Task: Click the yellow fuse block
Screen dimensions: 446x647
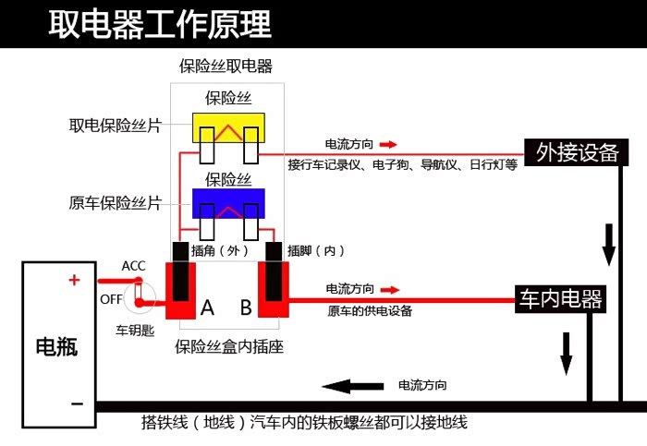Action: (228, 128)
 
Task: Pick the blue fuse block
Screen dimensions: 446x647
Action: (228, 202)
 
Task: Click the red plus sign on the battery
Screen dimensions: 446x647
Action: (75, 281)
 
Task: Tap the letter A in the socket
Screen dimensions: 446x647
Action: (207, 308)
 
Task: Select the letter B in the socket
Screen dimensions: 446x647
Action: (246, 308)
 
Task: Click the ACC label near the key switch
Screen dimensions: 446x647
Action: (133, 266)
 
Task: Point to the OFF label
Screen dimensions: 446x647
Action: (111, 298)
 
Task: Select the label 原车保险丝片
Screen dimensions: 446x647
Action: (116, 202)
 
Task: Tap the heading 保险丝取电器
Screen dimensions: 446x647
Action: (226, 66)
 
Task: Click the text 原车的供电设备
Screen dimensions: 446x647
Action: (370, 311)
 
